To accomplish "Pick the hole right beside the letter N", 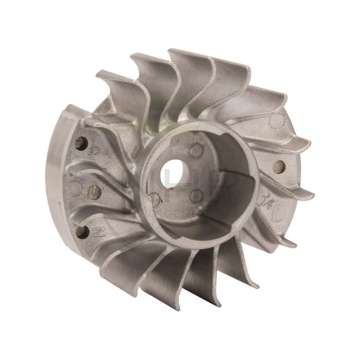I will pos(81,231).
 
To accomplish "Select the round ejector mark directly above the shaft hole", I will pos(196,149).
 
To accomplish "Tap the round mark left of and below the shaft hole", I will pos(156,197).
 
